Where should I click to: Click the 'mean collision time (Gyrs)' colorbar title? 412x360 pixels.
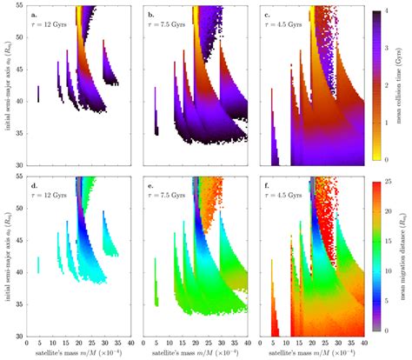(x=404, y=87)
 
